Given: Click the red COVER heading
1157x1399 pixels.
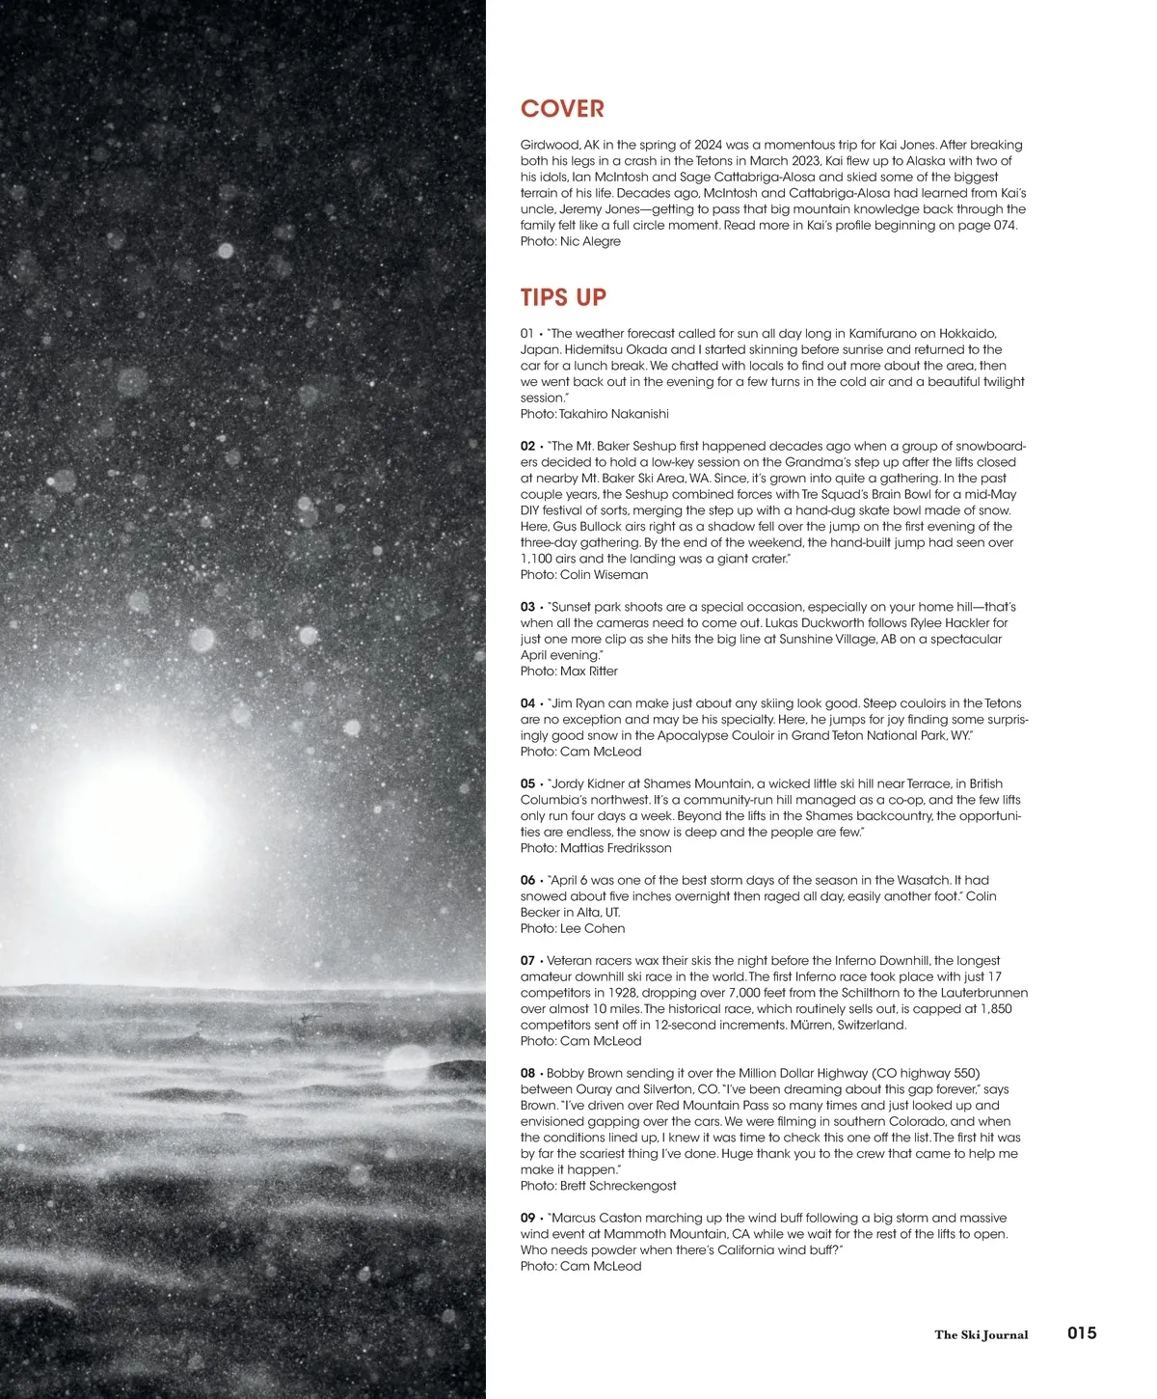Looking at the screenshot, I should click(562, 109).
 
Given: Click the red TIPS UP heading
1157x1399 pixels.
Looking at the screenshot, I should click(563, 297).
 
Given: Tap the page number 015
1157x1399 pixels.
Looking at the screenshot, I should click(1082, 1333).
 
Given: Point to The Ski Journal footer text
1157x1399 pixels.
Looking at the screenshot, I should click(981, 1335).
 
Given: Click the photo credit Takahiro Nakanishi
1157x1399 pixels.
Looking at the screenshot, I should click(594, 414).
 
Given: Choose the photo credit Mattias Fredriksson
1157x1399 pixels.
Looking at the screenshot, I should click(596, 848).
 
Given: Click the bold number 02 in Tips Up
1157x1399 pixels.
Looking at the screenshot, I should click(527, 447).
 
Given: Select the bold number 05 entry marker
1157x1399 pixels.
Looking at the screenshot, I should click(527, 783).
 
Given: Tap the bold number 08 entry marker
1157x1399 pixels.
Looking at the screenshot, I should click(527, 1073).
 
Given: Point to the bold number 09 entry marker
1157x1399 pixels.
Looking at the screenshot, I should click(527, 1218).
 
